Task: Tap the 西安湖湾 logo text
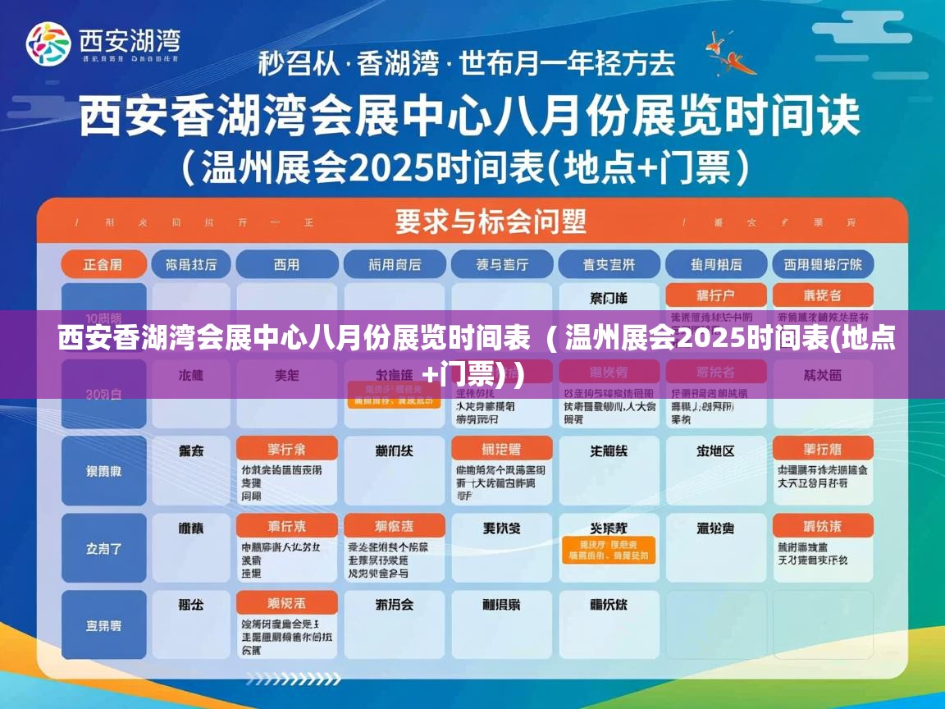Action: [129, 39]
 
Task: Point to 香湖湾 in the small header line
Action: [398, 63]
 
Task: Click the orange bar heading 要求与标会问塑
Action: [491, 221]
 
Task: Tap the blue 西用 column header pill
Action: [286, 264]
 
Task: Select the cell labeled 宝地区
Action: [715, 451]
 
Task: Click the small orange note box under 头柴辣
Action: [608, 550]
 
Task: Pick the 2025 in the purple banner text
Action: [710, 337]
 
